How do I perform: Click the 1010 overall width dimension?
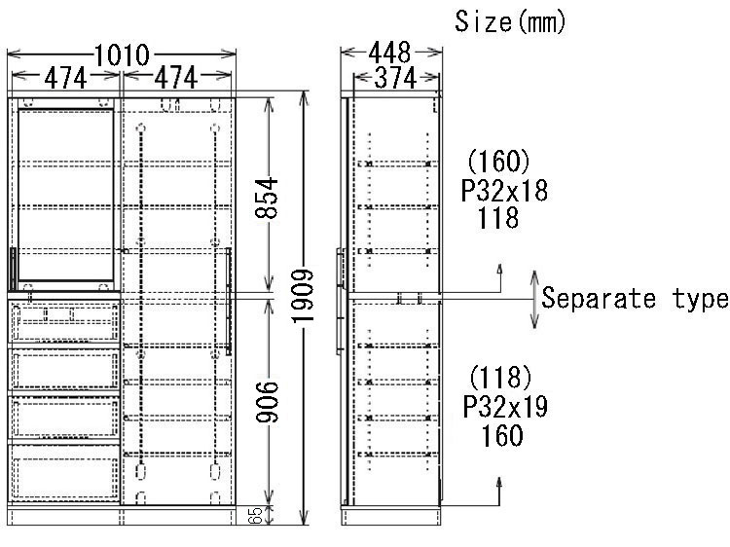click(122, 55)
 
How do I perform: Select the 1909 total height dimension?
click(303, 296)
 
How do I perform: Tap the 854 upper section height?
click(267, 198)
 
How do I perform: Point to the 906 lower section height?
click(267, 402)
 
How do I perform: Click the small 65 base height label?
click(255, 515)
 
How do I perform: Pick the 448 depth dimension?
click(390, 53)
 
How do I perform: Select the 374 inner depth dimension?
click(395, 78)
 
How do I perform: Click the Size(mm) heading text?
click(510, 21)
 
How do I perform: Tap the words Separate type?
click(635, 298)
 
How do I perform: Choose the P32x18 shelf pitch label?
click(504, 191)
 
